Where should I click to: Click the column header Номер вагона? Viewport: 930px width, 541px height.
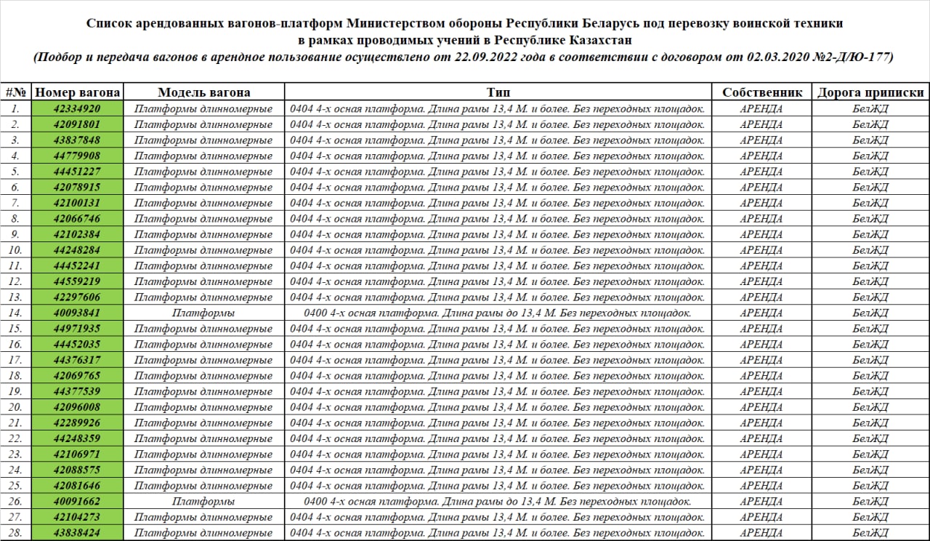point(78,92)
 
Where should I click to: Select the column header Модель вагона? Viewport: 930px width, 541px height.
point(204,92)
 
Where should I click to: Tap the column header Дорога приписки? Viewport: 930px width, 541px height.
point(870,92)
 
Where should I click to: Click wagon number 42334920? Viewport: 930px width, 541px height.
point(77,109)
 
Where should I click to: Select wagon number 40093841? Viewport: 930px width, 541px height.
point(77,313)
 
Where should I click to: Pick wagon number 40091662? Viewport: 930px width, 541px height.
point(77,501)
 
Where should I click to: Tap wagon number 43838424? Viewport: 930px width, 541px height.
point(77,533)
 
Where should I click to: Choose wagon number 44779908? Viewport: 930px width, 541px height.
point(77,156)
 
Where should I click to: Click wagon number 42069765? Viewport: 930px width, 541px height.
point(77,376)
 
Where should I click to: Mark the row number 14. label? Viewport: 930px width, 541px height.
point(15,313)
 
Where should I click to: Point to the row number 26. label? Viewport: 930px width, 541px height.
point(15,501)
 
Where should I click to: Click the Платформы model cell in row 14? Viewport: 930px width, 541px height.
point(203,313)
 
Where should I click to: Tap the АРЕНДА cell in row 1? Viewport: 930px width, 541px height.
point(761,109)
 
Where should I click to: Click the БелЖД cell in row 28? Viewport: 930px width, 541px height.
point(870,533)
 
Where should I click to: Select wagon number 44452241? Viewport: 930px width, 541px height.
point(77,265)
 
